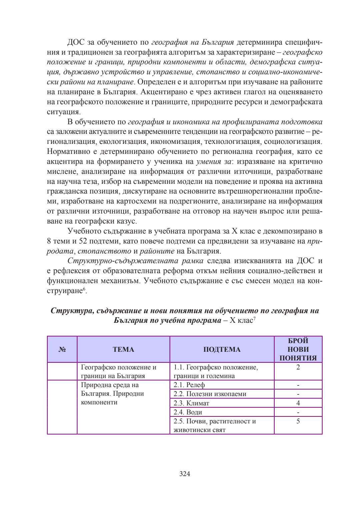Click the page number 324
pos(185,474)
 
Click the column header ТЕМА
pos(123,349)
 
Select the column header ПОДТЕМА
pos(222,349)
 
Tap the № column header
pos(62,349)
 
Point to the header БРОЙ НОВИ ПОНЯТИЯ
pos(298,349)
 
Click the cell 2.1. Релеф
pos(189,385)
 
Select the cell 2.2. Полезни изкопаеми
pos(210,394)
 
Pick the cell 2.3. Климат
pos(191,403)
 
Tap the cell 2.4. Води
pos(188,412)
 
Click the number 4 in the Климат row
pos(298,403)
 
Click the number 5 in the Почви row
pos(298,421)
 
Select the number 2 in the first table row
pos(298,367)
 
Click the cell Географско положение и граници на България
pos(118,371)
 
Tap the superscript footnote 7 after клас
pos(254,319)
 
